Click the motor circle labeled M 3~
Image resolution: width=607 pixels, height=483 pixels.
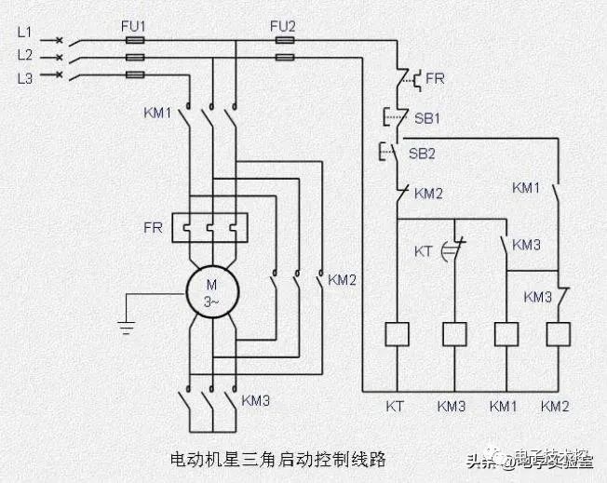213,291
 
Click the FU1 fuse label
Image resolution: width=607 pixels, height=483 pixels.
133,26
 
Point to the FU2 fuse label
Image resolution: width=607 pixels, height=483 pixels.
282,26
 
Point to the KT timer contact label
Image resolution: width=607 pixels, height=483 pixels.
425,251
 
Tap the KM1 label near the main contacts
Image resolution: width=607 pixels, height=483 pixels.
158,114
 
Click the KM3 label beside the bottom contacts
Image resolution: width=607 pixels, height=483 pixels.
255,401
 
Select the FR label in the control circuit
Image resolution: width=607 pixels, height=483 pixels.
435,79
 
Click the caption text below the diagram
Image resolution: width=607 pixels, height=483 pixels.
278,459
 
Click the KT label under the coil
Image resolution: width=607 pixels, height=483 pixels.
395,406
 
